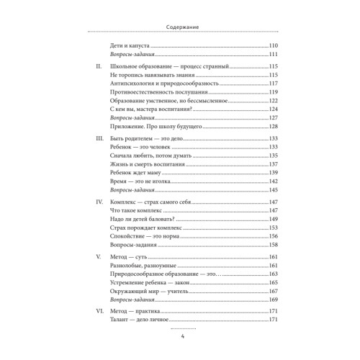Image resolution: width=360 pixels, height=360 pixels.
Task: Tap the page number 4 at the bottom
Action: tap(180, 339)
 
